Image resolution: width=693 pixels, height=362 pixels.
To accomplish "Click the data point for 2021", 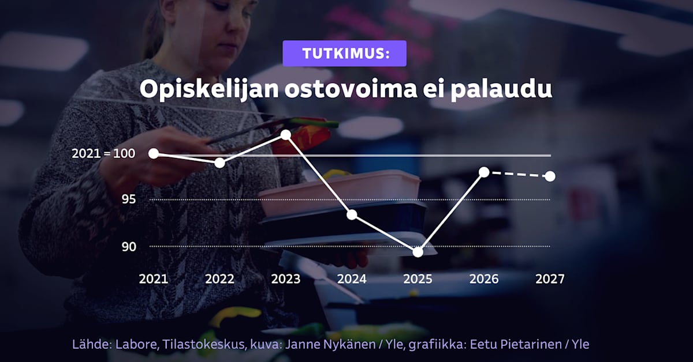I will (x=154, y=153).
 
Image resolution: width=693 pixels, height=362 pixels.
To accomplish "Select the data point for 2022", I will (x=219, y=163).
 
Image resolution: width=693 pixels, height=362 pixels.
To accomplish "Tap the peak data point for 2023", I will (x=285, y=135).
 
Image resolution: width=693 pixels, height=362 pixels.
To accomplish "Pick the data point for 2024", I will (x=352, y=214).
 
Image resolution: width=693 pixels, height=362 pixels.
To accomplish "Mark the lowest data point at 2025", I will (x=418, y=251).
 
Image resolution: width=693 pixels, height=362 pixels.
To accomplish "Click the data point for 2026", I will (x=484, y=172).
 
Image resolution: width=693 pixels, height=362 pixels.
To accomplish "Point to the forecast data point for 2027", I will (x=550, y=176).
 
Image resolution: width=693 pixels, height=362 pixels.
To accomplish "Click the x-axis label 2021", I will (x=154, y=279).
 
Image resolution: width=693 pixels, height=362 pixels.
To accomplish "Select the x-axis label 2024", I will (x=352, y=279).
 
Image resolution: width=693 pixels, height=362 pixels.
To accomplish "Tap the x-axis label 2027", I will (x=550, y=279).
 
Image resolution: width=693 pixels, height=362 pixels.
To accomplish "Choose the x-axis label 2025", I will (x=418, y=279).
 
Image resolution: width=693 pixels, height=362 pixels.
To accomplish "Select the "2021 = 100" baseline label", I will (x=103, y=154).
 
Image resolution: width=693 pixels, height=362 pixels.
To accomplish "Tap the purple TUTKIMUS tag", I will (x=344, y=54).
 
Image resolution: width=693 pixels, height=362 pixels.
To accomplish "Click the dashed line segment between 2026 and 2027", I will (x=517, y=174).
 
